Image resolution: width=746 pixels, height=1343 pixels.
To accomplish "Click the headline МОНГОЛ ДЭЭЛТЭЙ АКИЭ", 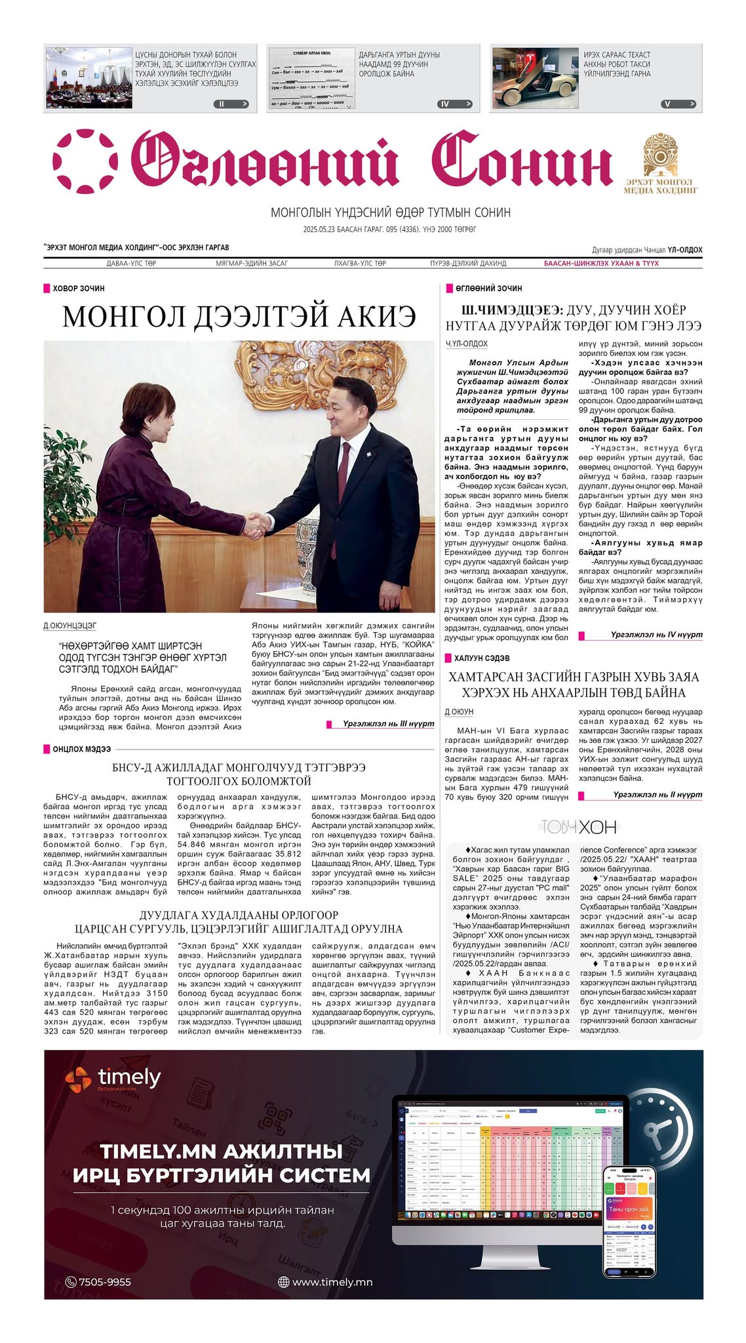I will point(239,317).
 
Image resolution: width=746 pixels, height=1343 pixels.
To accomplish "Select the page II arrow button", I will point(231,104).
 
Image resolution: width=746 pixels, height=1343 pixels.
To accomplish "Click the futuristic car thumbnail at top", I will point(534,77).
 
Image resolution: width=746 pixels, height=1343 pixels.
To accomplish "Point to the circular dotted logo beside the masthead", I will point(85,161).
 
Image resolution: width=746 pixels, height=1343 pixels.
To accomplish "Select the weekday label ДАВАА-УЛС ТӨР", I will point(131,264).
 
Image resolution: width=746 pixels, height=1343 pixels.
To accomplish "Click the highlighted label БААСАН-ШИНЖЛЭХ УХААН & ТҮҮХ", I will point(601,264).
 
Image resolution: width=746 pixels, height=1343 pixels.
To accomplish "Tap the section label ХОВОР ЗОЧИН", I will point(78,289).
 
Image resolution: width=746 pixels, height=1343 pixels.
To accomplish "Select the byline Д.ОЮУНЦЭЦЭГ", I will point(69,626).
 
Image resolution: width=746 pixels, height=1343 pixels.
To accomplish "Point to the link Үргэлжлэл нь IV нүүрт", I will point(656,635).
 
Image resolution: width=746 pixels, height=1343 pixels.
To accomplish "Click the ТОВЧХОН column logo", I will point(578,827).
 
